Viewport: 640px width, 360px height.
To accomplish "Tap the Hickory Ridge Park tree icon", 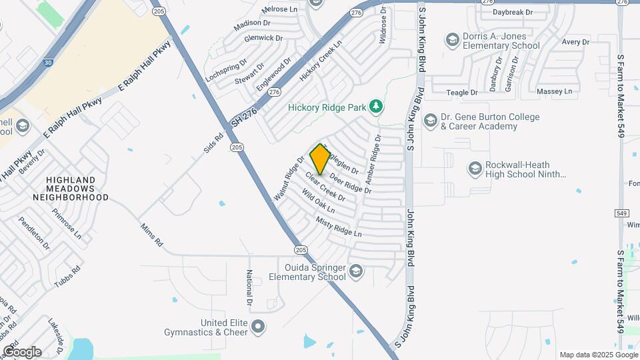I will click(377, 106).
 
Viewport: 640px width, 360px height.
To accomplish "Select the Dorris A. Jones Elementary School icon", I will click(453, 41).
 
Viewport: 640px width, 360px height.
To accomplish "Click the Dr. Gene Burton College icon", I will click(430, 121).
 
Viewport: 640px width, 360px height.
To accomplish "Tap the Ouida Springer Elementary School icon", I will click(356, 271).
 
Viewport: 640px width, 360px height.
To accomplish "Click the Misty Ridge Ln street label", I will click(339, 227).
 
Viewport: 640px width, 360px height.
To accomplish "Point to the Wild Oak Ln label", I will click(318, 202).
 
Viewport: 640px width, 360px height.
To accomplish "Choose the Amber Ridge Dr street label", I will click(372, 162).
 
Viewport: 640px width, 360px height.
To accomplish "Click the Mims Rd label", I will click(152, 235).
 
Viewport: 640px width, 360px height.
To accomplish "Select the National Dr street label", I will click(249, 287).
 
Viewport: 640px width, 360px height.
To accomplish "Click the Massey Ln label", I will click(555, 91).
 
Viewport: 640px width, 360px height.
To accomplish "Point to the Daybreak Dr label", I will click(513, 12).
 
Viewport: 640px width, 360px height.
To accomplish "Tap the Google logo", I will click(22, 351).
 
